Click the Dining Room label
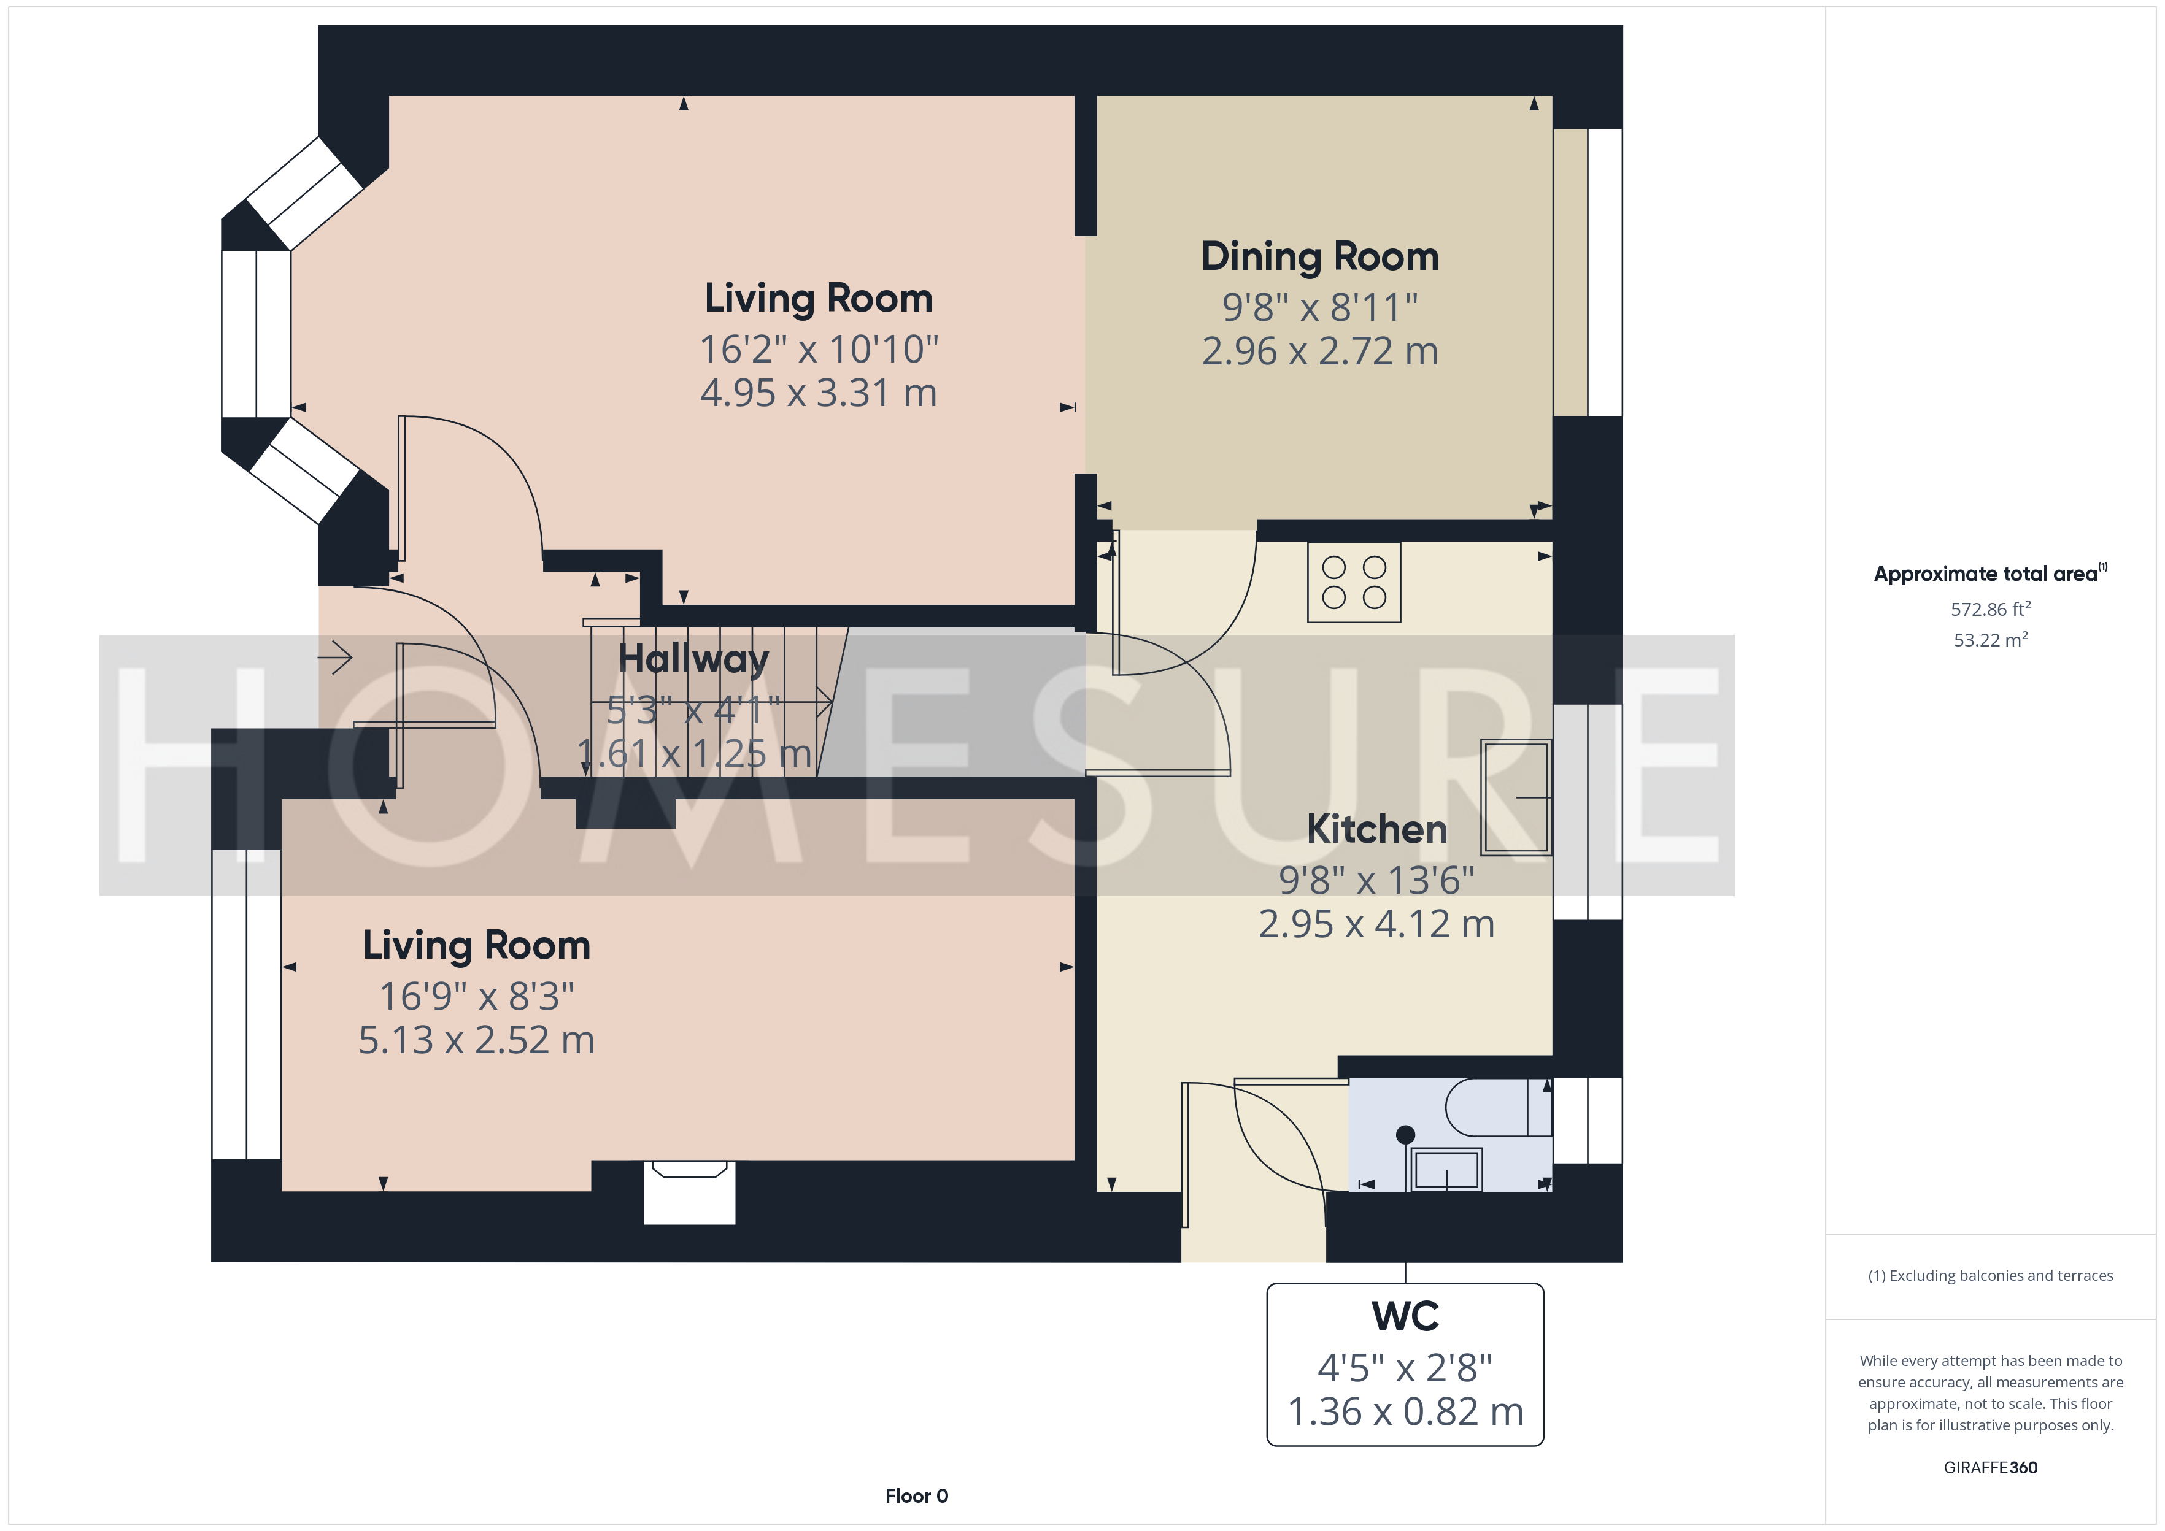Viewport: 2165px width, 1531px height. tap(1319, 256)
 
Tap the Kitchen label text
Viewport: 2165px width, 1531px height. tap(1376, 830)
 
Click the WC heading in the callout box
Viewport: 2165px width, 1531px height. tap(1405, 1316)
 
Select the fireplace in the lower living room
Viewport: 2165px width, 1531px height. tap(689, 1192)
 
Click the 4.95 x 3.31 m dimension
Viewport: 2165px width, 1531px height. tap(819, 393)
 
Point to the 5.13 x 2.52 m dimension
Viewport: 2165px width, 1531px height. tap(476, 1040)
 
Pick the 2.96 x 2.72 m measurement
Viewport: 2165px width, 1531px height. tap(1320, 351)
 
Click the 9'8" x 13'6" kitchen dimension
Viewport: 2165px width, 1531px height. tap(1376, 880)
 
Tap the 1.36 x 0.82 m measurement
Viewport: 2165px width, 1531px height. tap(1405, 1411)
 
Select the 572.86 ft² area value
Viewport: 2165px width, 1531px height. tap(1991, 609)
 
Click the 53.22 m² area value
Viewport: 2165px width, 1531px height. tap(1991, 639)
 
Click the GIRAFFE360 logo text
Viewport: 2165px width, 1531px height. tap(1991, 1468)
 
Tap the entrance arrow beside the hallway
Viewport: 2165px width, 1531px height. tap(334, 657)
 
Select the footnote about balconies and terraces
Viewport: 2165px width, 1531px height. tap(1991, 1275)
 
